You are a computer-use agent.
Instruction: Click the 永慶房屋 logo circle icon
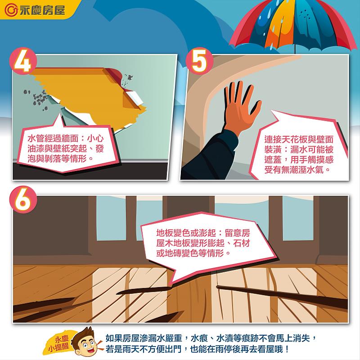[11, 10]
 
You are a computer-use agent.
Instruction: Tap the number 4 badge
[23, 61]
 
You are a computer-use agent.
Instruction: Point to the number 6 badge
[23, 200]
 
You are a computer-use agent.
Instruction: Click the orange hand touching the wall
[241, 108]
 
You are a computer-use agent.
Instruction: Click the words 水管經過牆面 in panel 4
[53, 139]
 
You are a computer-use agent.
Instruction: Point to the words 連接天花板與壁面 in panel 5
[299, 139]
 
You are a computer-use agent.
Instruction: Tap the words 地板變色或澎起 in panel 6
[186, 233]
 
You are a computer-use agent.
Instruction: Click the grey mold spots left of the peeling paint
[37, 99]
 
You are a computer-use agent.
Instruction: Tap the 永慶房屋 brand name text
[42, 10]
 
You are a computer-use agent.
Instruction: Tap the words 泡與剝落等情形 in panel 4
[57, 159]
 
